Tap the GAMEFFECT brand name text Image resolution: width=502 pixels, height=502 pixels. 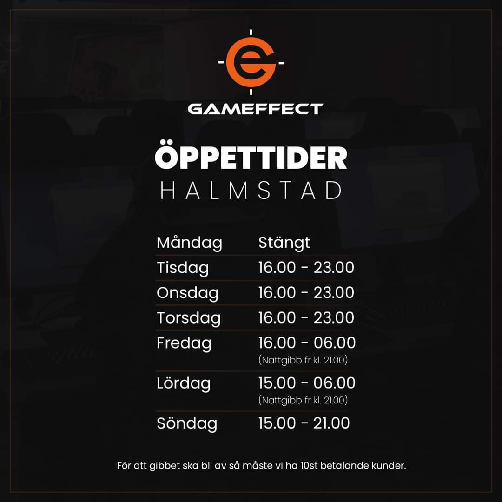[x=255, y=109]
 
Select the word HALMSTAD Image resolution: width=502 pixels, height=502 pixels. [x=251, y=191]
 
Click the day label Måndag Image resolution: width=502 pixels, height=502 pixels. [x=189, y=243]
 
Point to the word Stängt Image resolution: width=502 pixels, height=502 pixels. [x=284, y=243]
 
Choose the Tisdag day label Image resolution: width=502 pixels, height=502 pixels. [x=183, y=268]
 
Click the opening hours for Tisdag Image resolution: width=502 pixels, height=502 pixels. [x=306, y=268]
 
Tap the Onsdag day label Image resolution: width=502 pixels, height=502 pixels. [x=187, y=293]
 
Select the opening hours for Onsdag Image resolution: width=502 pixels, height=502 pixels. [x=306, y=293]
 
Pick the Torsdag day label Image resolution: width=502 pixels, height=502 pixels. [x=188, y=318]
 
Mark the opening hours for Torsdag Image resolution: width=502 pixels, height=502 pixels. [x=306, y=318]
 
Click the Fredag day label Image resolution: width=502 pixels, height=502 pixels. [x=184, y=343]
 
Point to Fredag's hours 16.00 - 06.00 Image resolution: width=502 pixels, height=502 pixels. [x=307, y=343]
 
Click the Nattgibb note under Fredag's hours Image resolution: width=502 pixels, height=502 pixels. [x=303, y=360]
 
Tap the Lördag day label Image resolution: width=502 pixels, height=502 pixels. [x=184, y=383]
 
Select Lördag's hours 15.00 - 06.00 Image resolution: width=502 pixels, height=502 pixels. [x=307, y=383]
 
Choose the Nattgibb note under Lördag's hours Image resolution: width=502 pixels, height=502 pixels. [x=303, y=400]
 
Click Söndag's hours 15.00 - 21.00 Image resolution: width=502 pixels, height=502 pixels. [x=304, y=423]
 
